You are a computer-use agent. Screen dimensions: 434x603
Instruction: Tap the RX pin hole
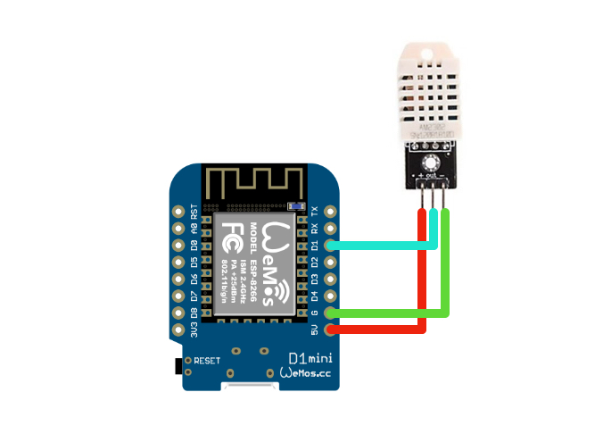(x=331, y=229)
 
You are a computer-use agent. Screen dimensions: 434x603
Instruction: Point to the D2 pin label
(x=314, y=263)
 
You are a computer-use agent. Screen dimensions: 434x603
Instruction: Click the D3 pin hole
(x=331, y=279)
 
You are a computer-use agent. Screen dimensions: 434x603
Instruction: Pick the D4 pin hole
(x=331, y=296)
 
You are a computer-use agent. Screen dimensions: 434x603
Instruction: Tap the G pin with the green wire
(x=331, y=313)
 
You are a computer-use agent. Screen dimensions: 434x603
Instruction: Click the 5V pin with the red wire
(x=331, y=330)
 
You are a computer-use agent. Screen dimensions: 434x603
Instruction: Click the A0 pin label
(x=194, y=229)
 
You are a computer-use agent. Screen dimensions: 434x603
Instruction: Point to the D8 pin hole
(x=178, y=313)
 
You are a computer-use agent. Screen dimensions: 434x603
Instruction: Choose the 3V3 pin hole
(x=178, y=330)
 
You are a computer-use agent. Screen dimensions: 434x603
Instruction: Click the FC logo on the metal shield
(x=229, y=237)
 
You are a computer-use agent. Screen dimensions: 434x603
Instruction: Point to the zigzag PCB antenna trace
(x=254, y=182)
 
